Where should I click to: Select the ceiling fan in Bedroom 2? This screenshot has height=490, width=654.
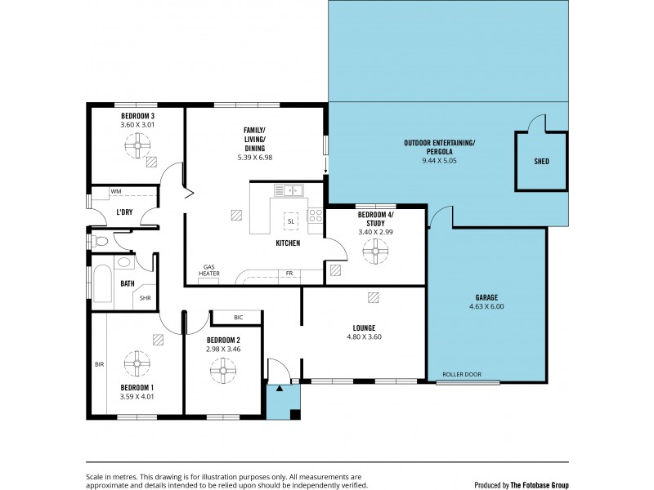pos(222,372)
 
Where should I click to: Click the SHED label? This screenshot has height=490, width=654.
pos(541,162)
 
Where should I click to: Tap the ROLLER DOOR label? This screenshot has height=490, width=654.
pos(462,375)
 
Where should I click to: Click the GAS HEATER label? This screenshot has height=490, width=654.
pos(209,271)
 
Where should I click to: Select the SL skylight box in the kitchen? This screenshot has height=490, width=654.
pos(290,220)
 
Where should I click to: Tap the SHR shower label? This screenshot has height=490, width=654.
pos(145,298)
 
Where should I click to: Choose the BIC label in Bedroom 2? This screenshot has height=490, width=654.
pos(238,316)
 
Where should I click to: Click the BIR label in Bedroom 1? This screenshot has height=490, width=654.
pos(99,364)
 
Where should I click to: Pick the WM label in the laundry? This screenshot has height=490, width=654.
pos(116,191)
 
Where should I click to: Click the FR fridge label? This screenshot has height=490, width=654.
pos(289,274)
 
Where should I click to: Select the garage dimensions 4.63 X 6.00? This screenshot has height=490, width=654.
pos(486,307)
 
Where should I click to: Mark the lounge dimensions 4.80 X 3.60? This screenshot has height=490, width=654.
pos(365,336)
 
